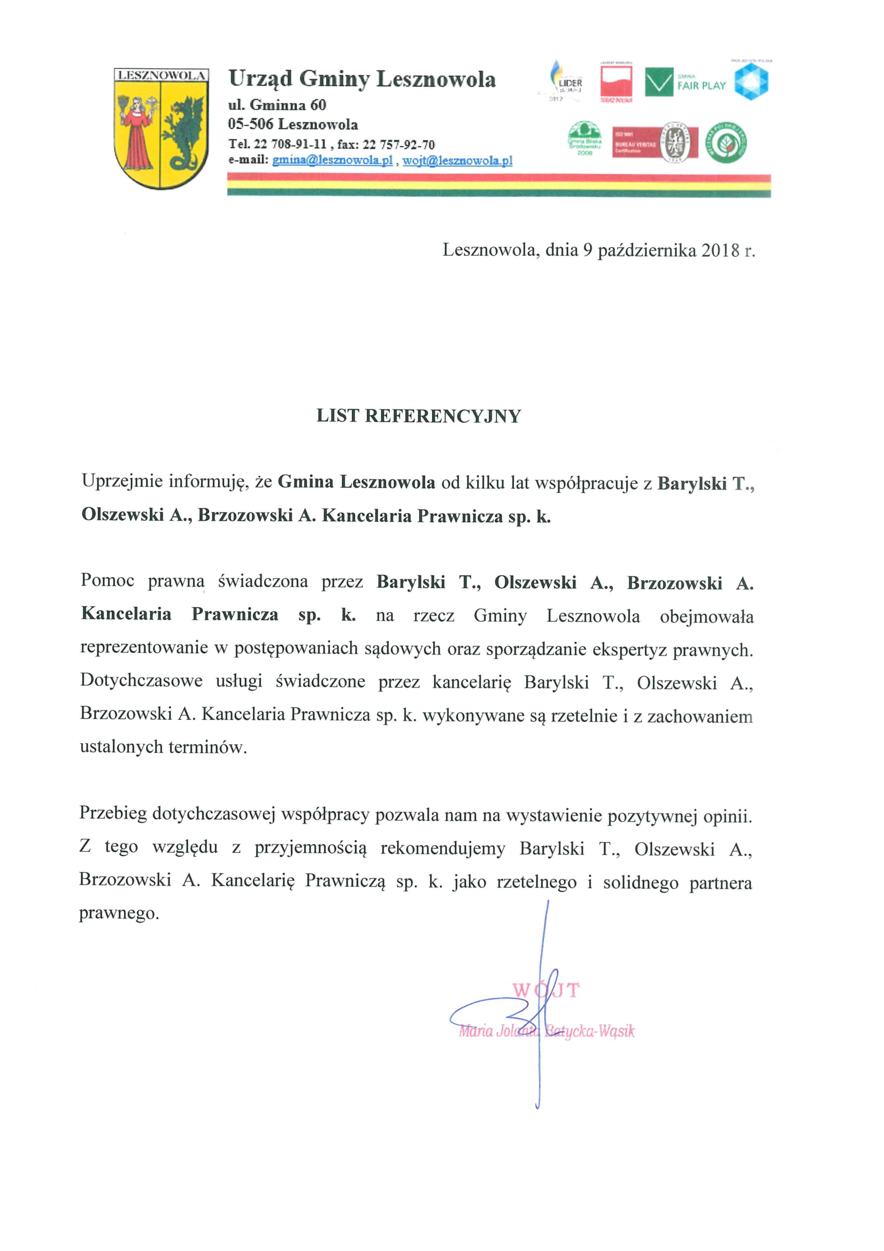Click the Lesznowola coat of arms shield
pos(160,128)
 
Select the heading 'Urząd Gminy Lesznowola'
pos(362,79)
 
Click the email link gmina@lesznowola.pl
pos(332,160)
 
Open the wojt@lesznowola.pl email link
pos(457,160)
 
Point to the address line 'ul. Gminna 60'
pos(276,105)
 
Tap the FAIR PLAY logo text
pos(702,86)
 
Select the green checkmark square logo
pos(659,82)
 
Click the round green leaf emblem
pos(726,143)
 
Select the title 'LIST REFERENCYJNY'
pos(418,416)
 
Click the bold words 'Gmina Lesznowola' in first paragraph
pos(356,482)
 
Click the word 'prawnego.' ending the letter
pos(119,913)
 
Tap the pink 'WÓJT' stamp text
pos(546,989)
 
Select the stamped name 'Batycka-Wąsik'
pos(590,1031)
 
